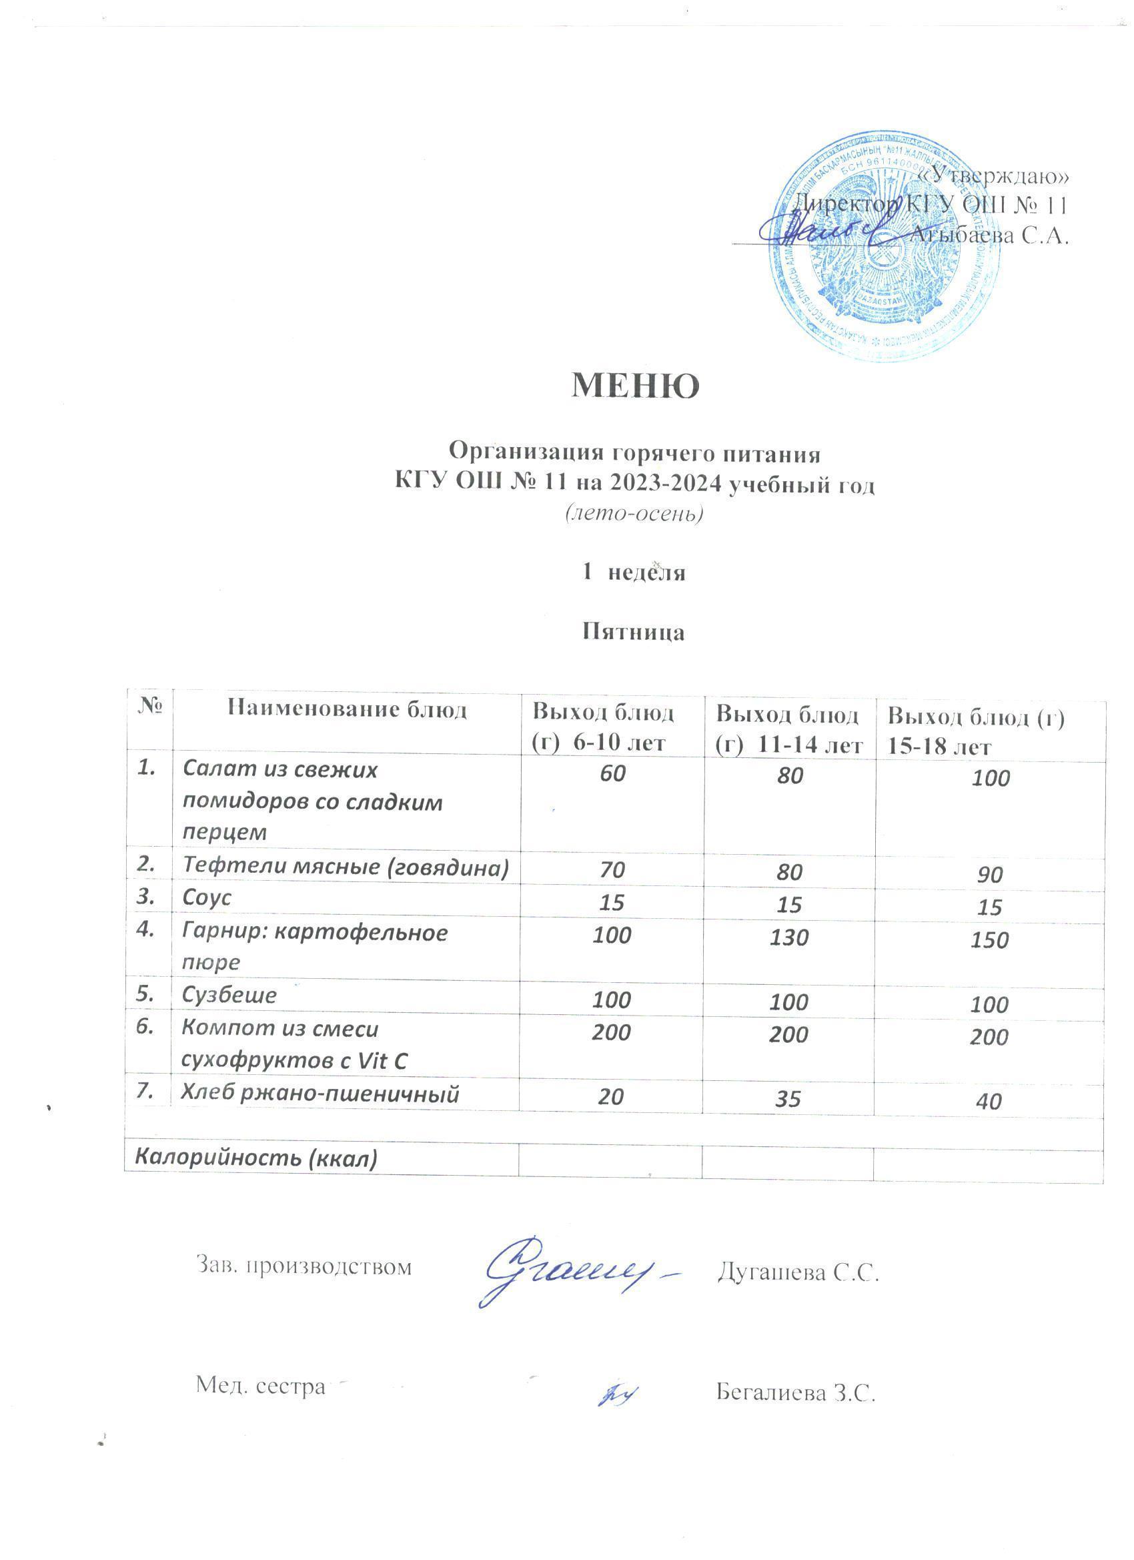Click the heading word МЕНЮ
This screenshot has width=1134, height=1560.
(x=635, y=386)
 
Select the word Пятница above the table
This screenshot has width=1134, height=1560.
(x=633, y=631)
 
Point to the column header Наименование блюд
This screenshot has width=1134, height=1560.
(x=348, y=709)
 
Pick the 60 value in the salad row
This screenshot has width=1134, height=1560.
(x=612, y=773)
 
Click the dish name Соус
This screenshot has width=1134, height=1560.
(x=207, y=898)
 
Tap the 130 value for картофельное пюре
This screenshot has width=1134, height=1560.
(x=788, y=937)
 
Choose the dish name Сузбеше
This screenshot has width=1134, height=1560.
(x=229, y=996)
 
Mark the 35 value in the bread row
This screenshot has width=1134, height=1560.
(x=788, y=1098)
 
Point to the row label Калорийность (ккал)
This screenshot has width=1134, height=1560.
(x=256, y=1158)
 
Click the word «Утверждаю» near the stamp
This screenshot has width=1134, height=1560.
(x=993, y=176)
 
